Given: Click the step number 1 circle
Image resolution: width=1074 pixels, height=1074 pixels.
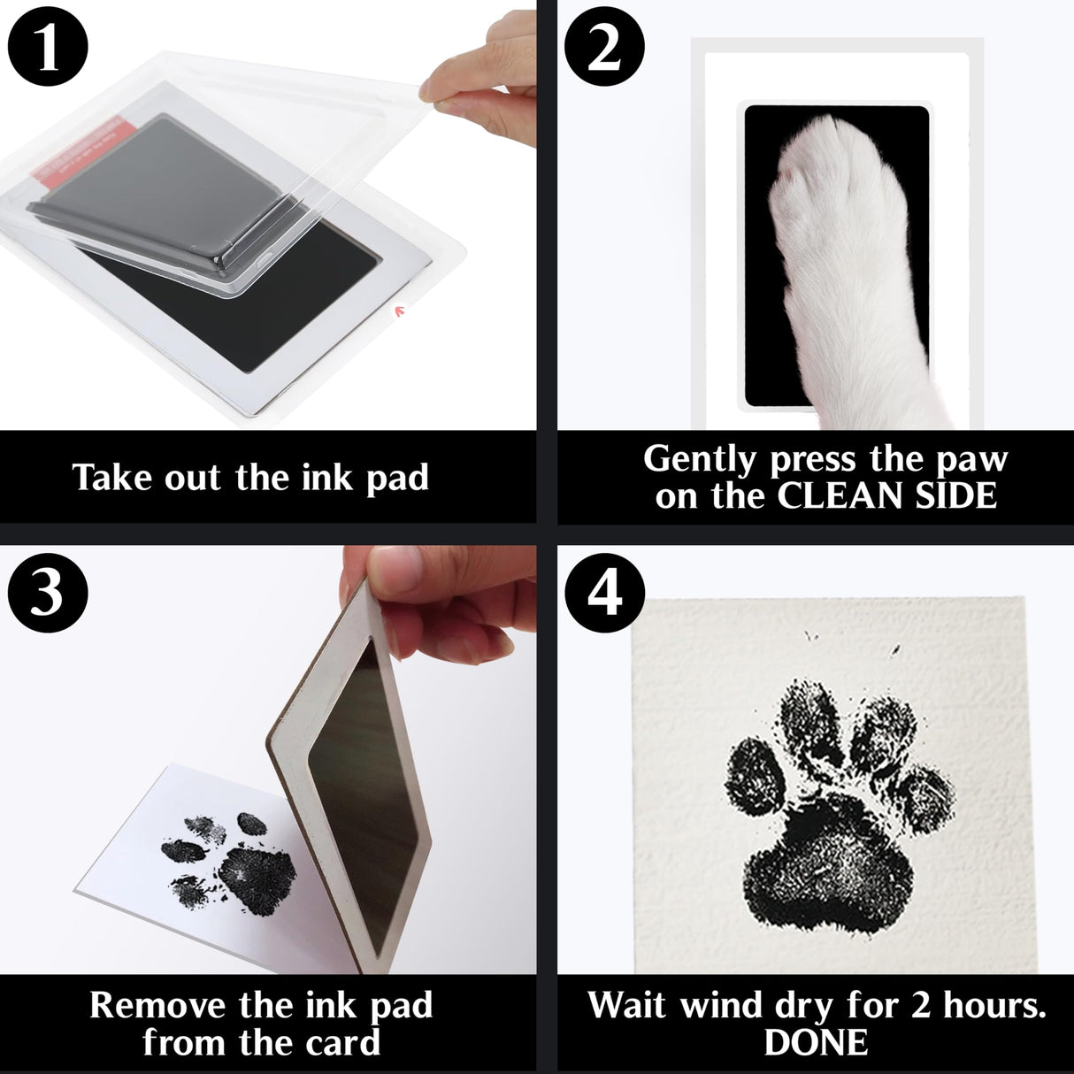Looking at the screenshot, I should [48, 48].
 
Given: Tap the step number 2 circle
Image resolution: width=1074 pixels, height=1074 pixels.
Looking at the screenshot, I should [605, 48].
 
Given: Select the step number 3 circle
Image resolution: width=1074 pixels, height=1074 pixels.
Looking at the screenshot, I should [48, 591].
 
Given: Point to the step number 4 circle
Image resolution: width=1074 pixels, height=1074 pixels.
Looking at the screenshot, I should [605, 591].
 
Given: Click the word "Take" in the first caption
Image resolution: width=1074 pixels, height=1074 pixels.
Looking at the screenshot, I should [106, 478].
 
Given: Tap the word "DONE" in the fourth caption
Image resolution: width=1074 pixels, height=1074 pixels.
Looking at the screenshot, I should [816, 1043].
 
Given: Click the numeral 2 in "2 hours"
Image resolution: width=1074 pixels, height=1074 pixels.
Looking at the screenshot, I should [921, 1006].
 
